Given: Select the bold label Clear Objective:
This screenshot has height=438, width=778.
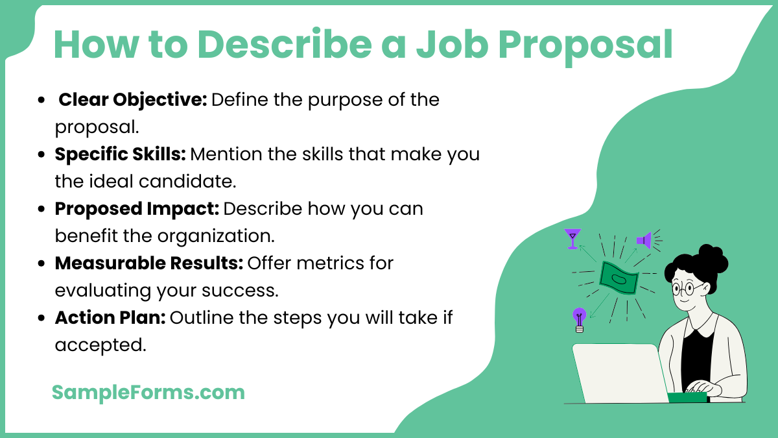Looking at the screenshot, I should coord(133,100).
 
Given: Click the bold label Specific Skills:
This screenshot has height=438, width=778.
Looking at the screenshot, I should coord(120,155).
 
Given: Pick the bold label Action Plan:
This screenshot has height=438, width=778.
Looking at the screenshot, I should coord(111,318).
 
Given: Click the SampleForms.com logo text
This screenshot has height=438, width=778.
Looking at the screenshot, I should coord(148,392).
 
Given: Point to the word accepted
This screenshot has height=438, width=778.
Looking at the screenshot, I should coord(100,345).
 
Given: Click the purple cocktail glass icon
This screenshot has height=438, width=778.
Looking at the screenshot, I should coord(572,238).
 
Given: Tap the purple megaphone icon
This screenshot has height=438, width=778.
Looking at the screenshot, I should coord(644,240).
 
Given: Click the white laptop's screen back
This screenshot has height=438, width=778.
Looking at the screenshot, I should coord(619,373).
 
